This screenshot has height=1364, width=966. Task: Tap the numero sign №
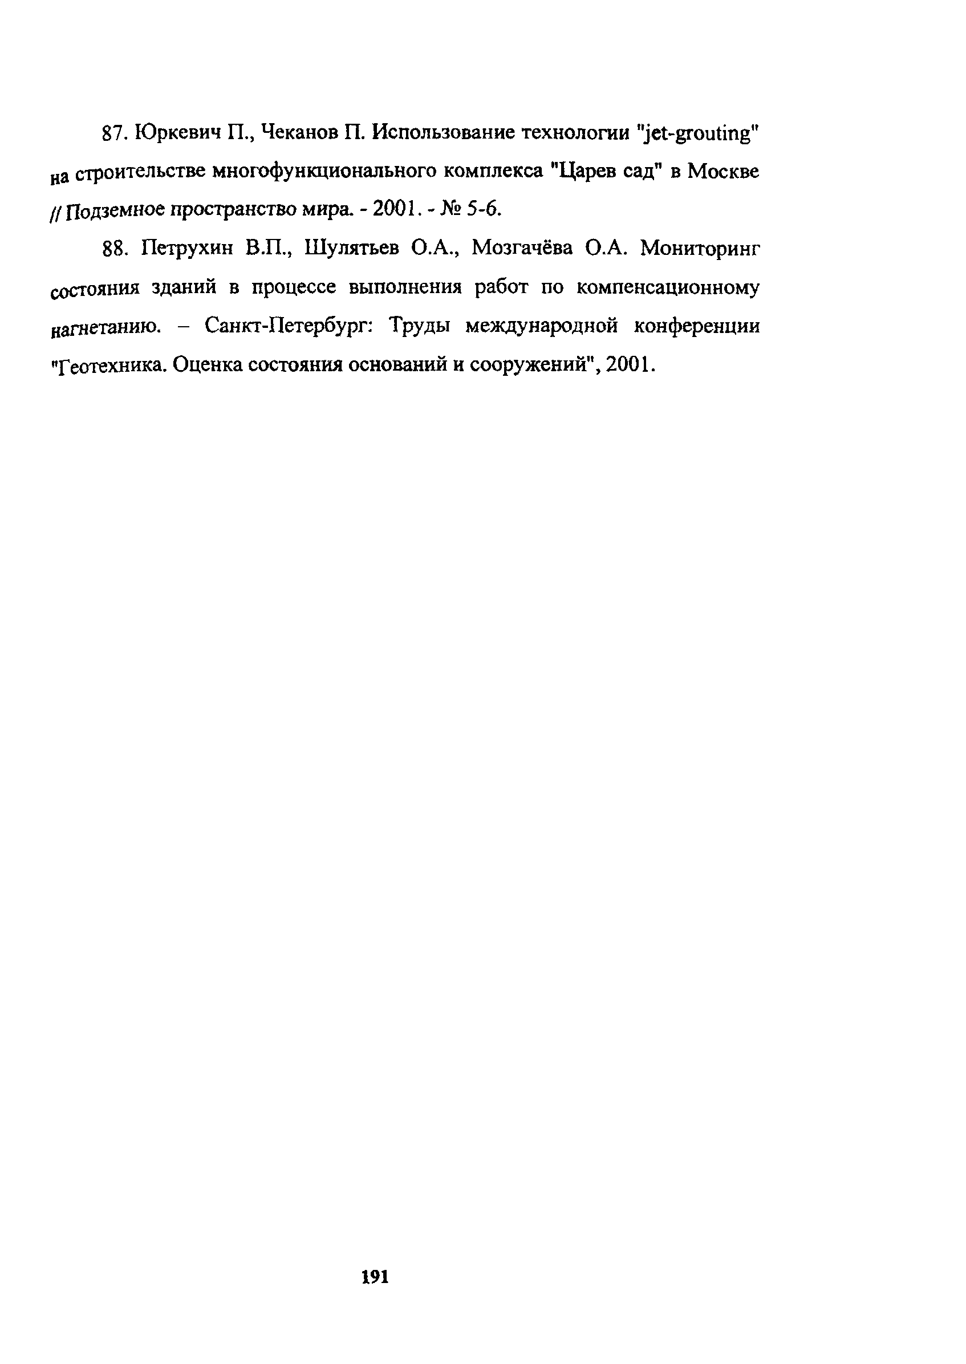coord(450,209)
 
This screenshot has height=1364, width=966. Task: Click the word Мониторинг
coord(700,249)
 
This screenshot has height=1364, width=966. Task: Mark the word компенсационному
coord(668,289)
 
